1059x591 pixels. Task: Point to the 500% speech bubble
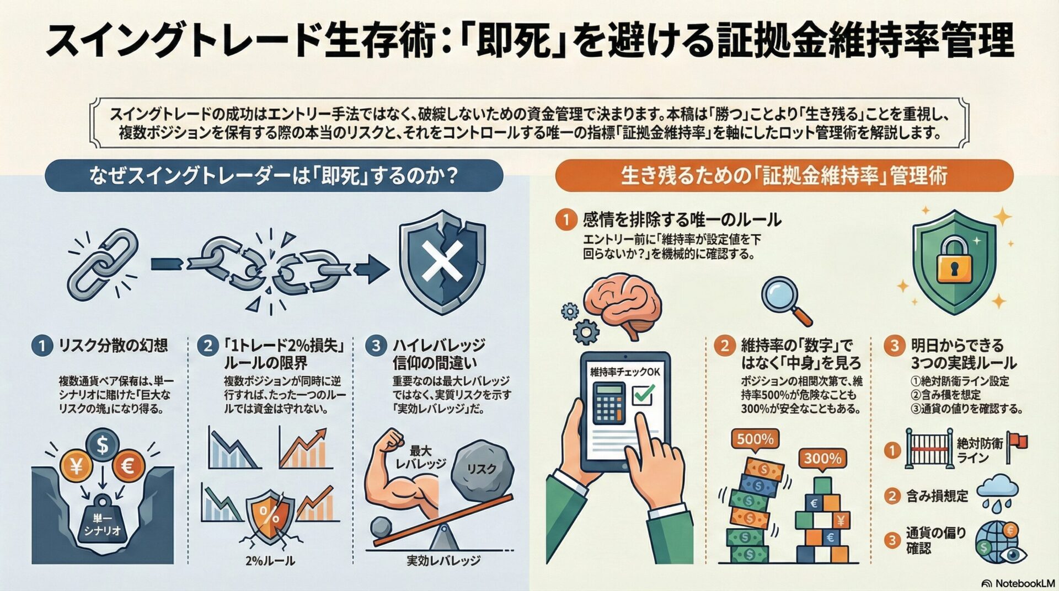coord(755,439)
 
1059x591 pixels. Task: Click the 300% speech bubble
coord(822,458)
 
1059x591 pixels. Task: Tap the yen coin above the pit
coord(76,466)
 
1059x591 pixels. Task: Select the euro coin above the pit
coord(128,466)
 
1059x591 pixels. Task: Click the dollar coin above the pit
coord(102,444)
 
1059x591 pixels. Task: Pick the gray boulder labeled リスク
coord(481,469)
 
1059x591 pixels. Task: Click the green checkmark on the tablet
coord(642,394)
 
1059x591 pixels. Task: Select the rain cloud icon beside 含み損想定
coord(997,491)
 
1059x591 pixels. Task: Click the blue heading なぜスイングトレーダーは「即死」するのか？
coord(274,176)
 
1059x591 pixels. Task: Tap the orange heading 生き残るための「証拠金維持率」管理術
coord(783,176)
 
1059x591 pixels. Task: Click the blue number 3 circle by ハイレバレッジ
coord(376,346)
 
